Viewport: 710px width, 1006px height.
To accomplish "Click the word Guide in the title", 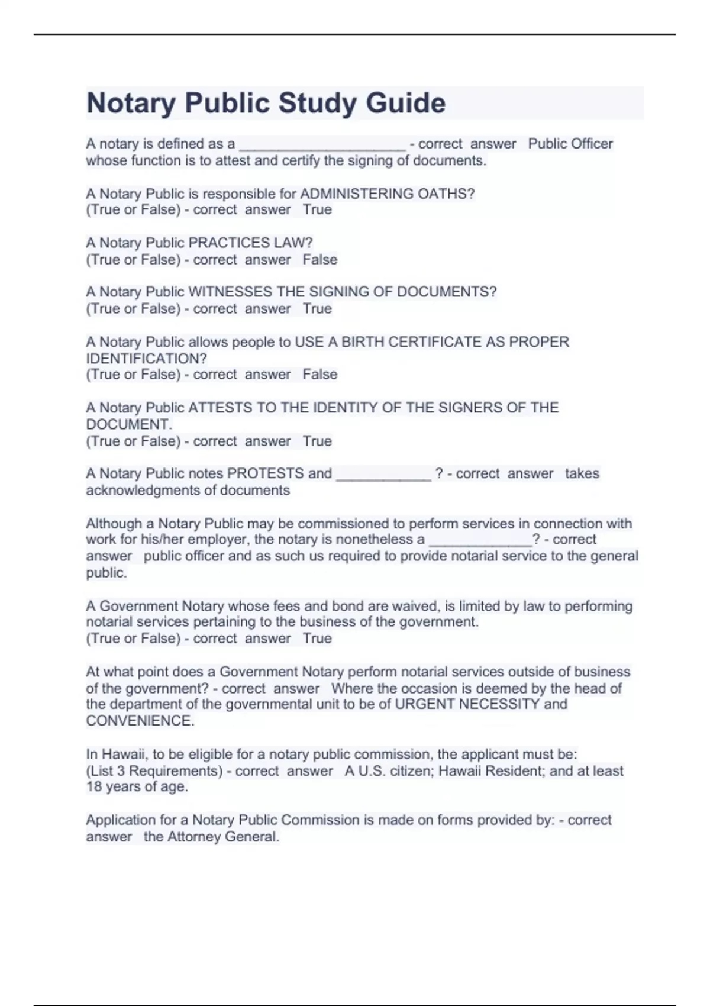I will point(405,103).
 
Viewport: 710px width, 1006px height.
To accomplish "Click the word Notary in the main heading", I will point(131,103).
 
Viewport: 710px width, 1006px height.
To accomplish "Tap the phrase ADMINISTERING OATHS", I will point(387,194).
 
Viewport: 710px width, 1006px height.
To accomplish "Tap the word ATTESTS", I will point(215,408).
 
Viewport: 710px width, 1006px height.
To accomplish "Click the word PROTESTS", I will point(265,473).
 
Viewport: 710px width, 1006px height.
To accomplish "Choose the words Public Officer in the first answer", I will point(570,144).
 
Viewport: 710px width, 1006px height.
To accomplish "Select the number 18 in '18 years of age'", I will point(95,787).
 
